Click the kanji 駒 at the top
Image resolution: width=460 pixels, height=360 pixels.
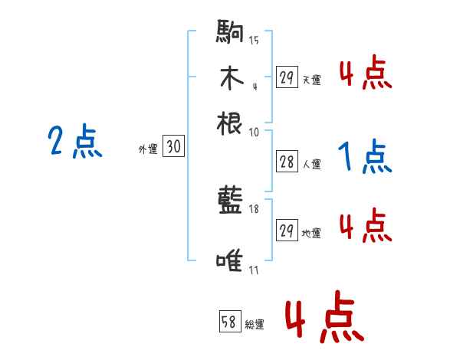(230, 34)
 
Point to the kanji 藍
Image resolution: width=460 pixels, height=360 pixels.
(230, 203)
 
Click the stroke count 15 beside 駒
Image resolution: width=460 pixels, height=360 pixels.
(255, 41)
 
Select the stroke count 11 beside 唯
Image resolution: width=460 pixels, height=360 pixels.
(255, 270)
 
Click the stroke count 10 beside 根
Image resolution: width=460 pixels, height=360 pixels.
(255, 132)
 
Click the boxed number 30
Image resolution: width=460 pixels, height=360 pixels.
(174, 148)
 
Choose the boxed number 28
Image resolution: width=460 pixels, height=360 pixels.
(287, 162)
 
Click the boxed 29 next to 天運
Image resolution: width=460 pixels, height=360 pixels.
(287, 78)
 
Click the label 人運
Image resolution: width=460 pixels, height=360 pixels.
(311, 163)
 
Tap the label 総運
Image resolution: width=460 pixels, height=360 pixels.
(255, 324)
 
